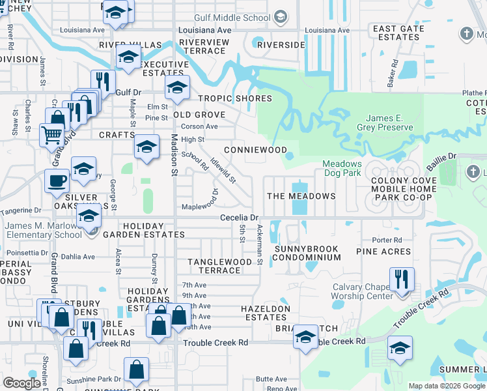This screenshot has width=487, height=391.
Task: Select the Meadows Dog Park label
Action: pos(342,168)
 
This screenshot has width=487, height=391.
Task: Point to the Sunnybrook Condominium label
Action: pos(307,253)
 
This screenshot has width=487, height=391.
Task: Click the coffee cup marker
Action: pos(57,180)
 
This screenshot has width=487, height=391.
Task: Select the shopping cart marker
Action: pos(51,135)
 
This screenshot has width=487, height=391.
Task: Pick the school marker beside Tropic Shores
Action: pos(176,87)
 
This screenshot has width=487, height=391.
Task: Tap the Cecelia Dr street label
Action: pos(240,217)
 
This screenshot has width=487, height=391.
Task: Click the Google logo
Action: pos(22,383)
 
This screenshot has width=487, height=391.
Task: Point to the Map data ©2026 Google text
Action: pos(447,386)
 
